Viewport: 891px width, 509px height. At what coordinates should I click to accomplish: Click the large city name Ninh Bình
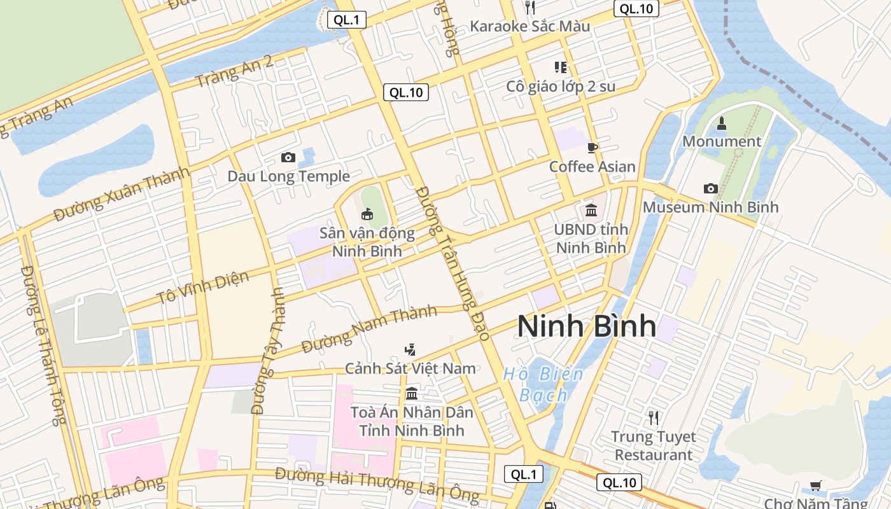click(586, 326)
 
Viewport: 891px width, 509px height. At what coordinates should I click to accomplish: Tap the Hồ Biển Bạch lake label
click(543, 384)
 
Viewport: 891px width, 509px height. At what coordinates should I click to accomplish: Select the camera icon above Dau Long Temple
click(288, 157)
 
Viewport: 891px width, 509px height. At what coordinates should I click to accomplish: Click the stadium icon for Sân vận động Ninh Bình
click(367, 214)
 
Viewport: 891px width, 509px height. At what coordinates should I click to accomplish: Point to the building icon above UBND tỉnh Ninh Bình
click(591, 210)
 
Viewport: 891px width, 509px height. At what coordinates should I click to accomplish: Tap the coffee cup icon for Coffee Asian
click(593, 148)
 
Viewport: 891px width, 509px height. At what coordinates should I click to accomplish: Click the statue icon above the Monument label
click(722, 123)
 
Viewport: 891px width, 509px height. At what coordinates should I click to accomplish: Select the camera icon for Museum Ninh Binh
click(710, 188)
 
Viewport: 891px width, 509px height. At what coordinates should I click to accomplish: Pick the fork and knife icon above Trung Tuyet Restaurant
click(653, 417)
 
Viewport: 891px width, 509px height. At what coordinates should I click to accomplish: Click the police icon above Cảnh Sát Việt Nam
click(410, 349)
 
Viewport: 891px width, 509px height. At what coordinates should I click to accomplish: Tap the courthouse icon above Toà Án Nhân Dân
click(412, 393)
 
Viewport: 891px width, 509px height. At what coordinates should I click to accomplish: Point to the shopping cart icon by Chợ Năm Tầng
click(815, 486)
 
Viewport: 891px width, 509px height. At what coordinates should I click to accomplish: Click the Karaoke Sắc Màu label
click(530, 26)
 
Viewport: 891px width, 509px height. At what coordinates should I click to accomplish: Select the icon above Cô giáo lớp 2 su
click(560, 67)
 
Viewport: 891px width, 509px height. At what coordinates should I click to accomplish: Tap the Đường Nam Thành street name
click(369, 329)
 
